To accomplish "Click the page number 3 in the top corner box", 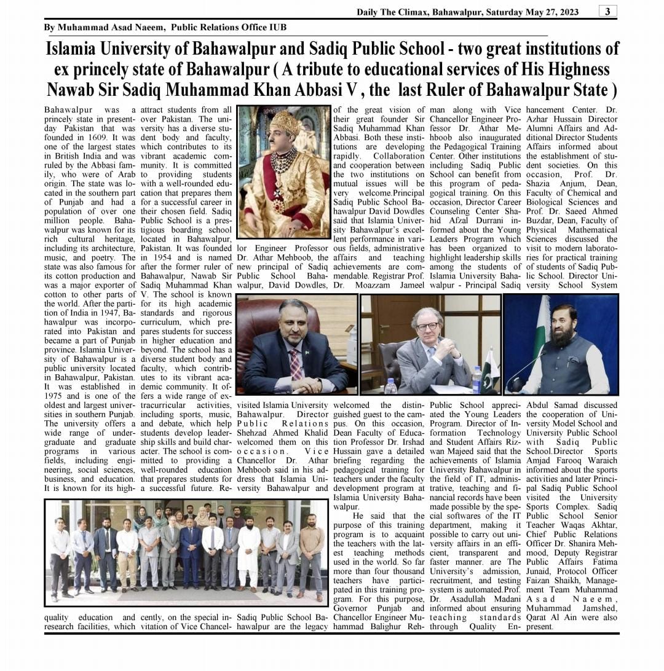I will click(x=607, y=10).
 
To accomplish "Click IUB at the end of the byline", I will click(x=277, y=28).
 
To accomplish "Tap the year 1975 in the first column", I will click(x=55, y=397).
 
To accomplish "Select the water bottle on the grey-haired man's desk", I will click(x=476, y=379).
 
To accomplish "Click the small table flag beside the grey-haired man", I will click(x=491, y=369).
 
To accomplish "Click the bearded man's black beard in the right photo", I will click(x=562, y=338).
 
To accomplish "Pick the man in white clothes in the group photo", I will click(x=248, y=550).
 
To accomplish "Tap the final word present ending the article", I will click(x=540, y=627).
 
